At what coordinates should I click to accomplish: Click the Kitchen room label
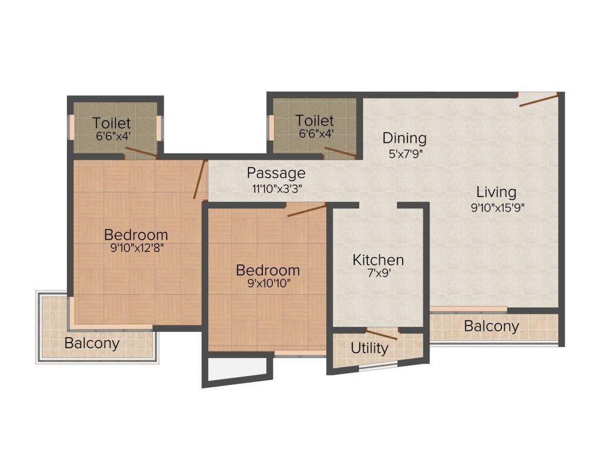tap(378, 260)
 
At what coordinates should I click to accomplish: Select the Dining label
tap(404, 138)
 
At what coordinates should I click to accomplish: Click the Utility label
tap(369, 348)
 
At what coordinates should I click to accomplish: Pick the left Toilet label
tap(112, 123)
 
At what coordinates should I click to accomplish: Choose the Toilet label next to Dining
tap(315, 121)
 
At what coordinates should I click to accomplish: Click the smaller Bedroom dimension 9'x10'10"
tap(267, 284)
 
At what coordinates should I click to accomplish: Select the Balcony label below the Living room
tap(491, 326)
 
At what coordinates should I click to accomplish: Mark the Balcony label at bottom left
tap(92, 343)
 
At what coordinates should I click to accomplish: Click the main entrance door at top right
tap(539, 99)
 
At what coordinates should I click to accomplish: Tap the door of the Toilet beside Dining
tap(340, 152)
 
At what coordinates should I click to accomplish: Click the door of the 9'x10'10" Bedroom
tap(306, 210)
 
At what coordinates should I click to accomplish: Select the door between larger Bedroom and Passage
tap(200, 179)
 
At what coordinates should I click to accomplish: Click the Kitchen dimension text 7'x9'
tap(378, 273)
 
